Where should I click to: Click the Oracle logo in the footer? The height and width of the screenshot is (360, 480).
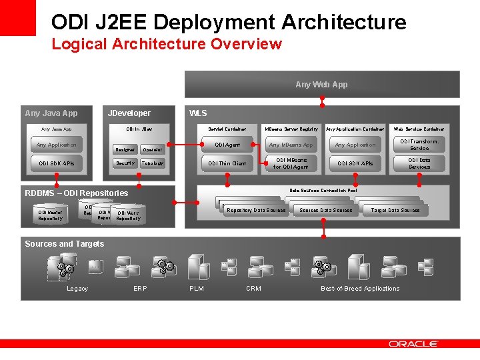pyautogui.click(x=413, y=344)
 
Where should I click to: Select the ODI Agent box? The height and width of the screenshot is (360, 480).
pyautogui.click(x=227, y=145)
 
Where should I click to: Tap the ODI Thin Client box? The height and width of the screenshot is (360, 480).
pyautogui.click(x=227, y=163)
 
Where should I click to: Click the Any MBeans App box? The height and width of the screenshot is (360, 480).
pyautogui.click(x=291, y=145)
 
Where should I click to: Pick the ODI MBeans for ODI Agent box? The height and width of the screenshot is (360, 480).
pyautogui.click(x=291, y=163)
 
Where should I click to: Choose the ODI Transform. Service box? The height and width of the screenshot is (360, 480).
pyautogui.click(x=419, y=145)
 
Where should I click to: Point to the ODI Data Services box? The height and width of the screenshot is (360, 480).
pyautogui.click(x=419, y=163)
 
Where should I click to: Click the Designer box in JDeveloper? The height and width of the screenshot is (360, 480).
pyautogui.click(x=125, y=150)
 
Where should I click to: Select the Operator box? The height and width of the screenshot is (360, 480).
pyautogui.click(x=153, y=150)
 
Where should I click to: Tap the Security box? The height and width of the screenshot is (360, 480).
pyautogui.click(x=125, y=163)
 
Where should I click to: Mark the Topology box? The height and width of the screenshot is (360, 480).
pyautogui.click(x=153, y=163)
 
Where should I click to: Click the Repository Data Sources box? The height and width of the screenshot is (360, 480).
pyautogui.click(x=256, y=210)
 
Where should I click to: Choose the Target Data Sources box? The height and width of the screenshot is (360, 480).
pyautogui.click(x=395, y=210)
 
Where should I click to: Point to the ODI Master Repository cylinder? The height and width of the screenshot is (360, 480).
pyautogui.click(x=51, y=215)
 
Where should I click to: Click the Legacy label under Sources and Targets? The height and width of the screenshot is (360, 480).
pyautogui.click(x=77, y=289)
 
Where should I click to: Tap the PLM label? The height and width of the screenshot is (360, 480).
pyautogui.click(x=197, y=289)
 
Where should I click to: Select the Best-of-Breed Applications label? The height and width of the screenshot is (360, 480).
pyautogui.click(x=360, y=289)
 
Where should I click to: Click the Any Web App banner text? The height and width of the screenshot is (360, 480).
pyautogui.click(x=321, y=85)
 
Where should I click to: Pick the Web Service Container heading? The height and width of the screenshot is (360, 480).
pyautogui.click(x=419, y=129)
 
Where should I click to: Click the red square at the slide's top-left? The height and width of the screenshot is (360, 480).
pyautogui.click(x=17, y=17)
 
